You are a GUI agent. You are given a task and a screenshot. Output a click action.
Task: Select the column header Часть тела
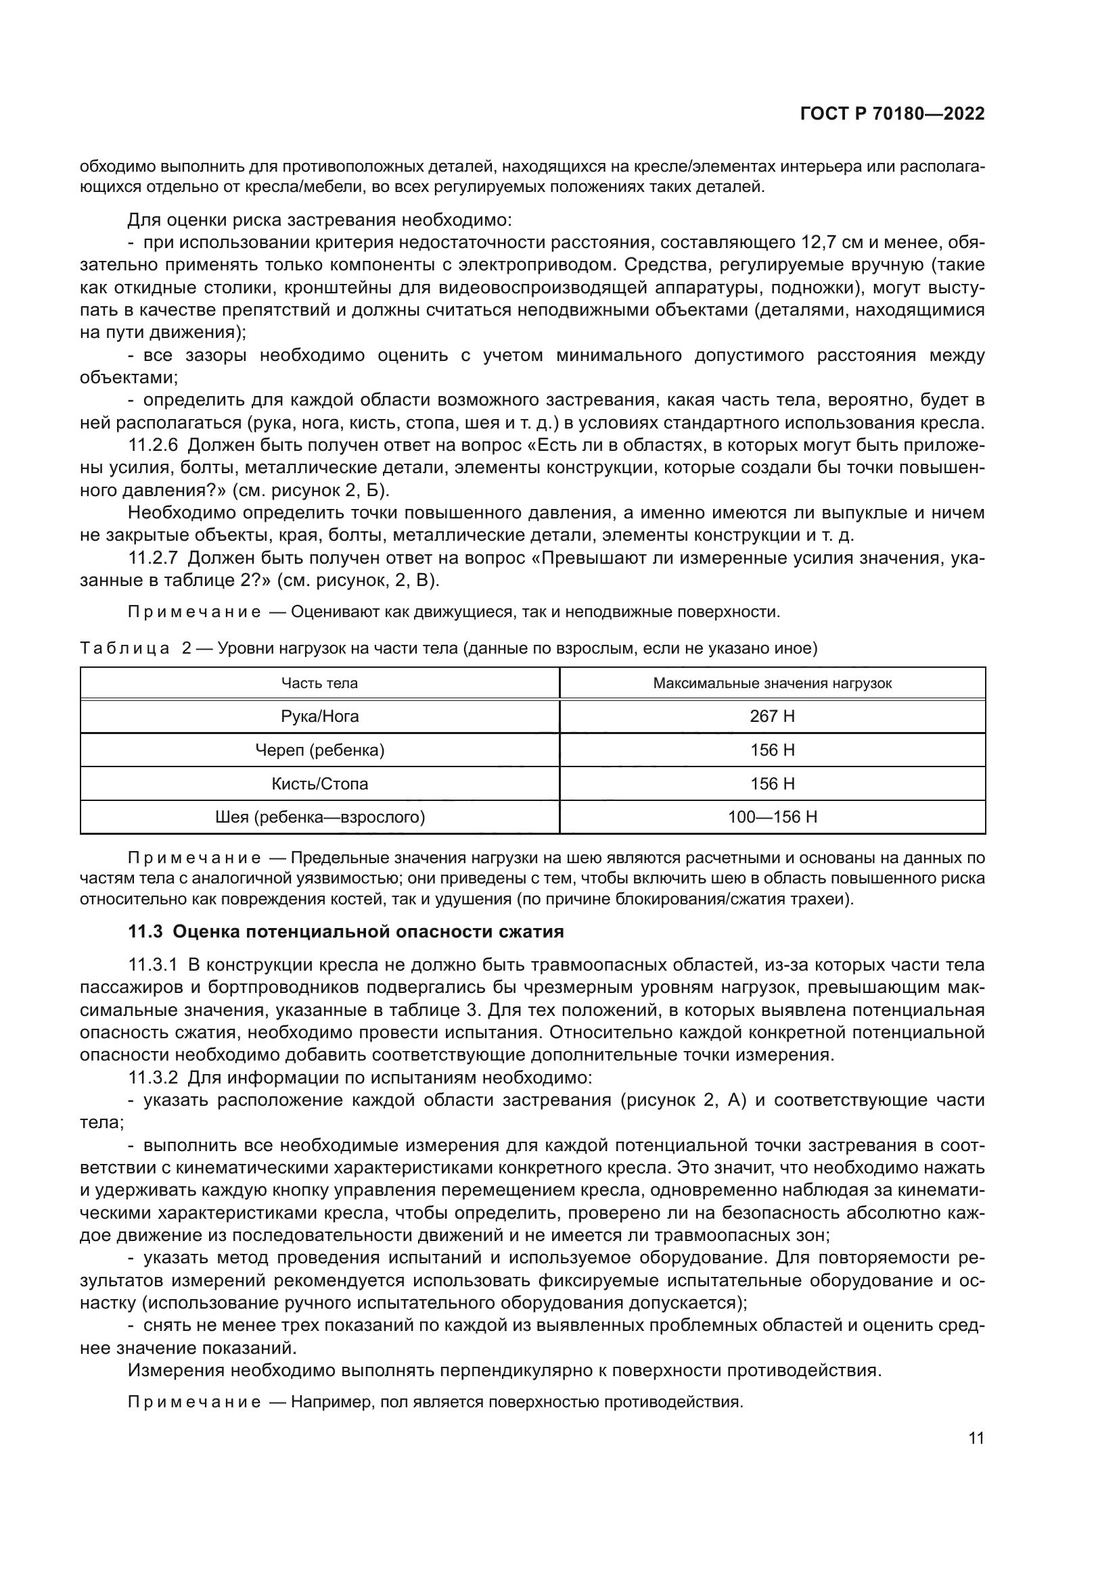319,683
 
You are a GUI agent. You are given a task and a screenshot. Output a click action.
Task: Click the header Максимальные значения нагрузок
772,683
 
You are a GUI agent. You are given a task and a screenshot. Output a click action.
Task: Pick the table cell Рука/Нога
319,716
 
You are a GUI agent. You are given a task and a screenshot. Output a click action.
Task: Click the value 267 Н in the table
772,716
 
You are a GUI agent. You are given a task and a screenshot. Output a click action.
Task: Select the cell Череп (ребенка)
319,750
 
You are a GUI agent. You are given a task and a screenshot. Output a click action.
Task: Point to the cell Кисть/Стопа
319,783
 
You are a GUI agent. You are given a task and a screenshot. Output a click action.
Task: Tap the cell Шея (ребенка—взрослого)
319,817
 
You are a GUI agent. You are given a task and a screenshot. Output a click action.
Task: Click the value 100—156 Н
772,817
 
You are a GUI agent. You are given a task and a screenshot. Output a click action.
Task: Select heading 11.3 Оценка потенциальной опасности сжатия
346,931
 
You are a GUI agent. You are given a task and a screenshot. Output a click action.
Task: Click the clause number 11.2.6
153,445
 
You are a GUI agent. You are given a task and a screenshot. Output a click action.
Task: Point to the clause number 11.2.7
153,558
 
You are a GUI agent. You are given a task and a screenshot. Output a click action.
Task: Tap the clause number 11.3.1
153,965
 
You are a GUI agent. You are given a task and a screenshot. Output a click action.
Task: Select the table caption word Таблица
124,649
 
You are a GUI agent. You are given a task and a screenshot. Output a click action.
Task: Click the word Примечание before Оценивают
194,612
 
